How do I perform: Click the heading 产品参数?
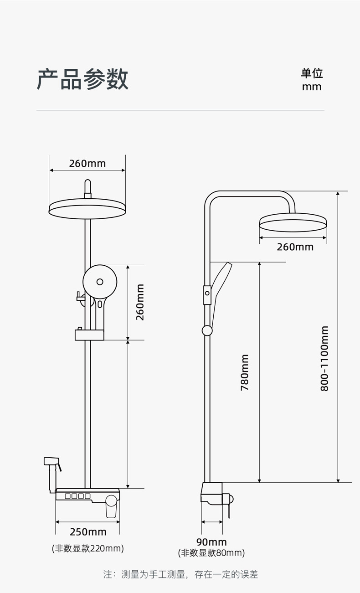click(82, 79)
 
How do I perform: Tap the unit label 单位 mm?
click(312, 80)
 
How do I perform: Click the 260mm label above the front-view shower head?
click(87, 163)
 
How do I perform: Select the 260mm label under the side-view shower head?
click(295, 247)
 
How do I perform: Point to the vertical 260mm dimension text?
click(140, 302)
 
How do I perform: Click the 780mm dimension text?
click(245, 372)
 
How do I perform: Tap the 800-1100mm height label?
click(324, 358)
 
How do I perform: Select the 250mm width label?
click(88, 531)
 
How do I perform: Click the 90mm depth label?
click(211, 542)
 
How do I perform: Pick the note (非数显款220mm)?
click(87, 548)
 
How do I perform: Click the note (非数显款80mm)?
click(211, 553)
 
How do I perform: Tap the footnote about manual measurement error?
click(180, 574)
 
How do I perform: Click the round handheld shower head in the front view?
click(100, 282)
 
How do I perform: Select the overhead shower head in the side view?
click(293, 223)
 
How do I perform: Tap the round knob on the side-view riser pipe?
click(207, 330)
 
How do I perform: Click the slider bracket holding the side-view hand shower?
click(207, 295)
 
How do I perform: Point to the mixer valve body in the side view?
click(211, 493)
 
